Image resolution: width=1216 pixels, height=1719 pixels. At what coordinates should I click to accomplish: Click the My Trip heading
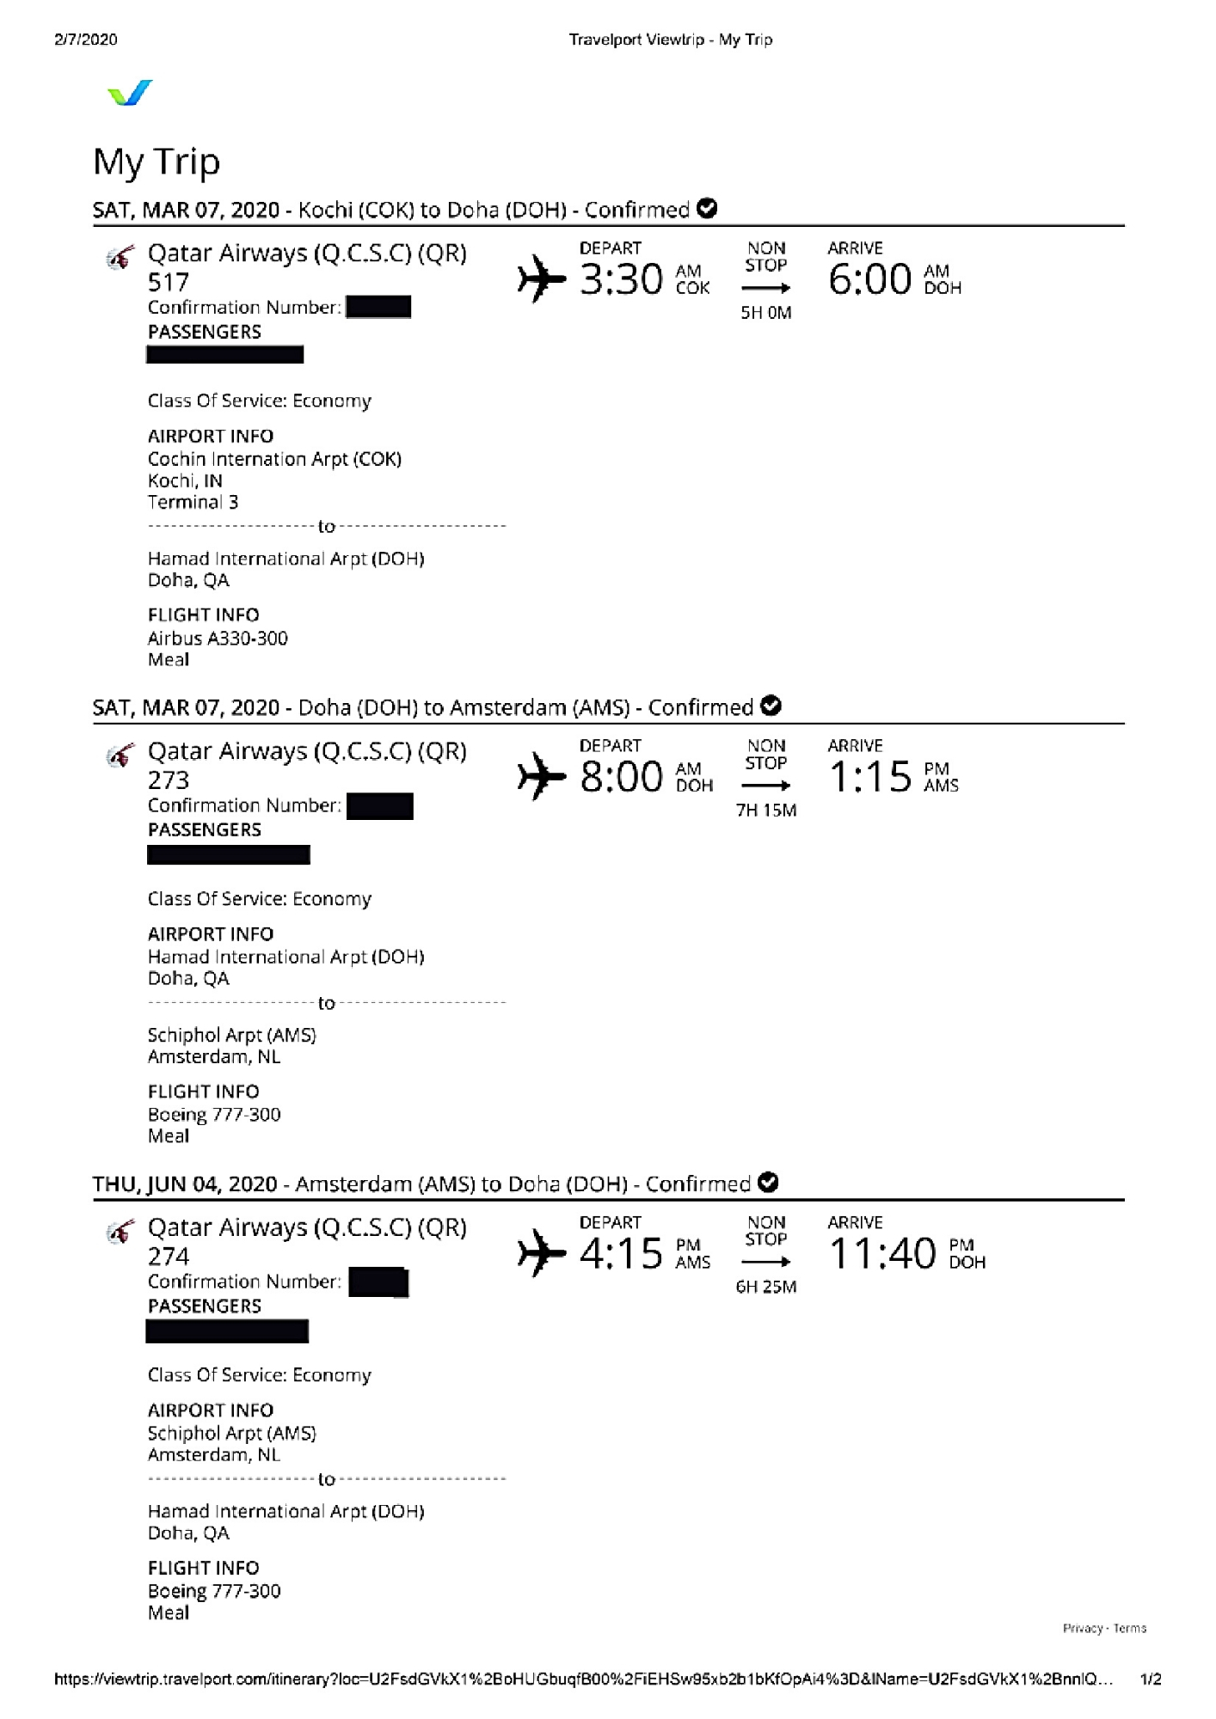tap(157, 162)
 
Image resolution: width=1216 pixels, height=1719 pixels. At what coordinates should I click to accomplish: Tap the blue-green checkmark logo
tap(130, 93)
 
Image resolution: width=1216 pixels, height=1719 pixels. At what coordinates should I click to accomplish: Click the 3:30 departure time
tap(621, 280)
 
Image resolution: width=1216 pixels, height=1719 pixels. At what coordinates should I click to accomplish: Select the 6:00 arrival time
tap(869, 280)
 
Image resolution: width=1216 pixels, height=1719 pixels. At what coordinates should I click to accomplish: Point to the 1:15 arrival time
tap(869, 777)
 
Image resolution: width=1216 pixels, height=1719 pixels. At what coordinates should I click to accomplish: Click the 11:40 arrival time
tap(882, 1254)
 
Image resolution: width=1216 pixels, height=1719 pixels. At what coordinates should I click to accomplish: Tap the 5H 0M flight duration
tap(765, 313)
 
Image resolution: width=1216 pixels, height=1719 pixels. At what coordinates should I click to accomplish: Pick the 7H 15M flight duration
tap(765, 811)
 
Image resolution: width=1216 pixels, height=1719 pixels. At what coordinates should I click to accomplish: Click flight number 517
tap(168, 282)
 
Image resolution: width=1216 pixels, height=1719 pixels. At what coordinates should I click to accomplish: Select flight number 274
tap(168, 1257)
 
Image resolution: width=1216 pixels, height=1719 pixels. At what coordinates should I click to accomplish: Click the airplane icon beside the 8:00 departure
tap(541, 776)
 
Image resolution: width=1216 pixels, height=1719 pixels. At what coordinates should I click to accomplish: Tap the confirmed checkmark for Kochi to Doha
tap(707, 209)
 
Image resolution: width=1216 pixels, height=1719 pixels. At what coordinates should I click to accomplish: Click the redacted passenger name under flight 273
tap(229, 854)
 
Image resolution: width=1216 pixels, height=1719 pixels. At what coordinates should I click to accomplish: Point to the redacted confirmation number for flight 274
tap(378, 1282)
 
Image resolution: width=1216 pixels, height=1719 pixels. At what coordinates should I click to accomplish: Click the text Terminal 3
tap(193, 502)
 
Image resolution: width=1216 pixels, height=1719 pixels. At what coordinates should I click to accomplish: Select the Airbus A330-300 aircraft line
tap(218, 638)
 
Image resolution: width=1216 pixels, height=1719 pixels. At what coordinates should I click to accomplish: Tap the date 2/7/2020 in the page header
tap(85, 40)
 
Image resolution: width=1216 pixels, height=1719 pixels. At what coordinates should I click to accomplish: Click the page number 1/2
tap(1151, 1679)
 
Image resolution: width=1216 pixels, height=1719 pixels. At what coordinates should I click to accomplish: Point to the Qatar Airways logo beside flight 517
tap(120, 257)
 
